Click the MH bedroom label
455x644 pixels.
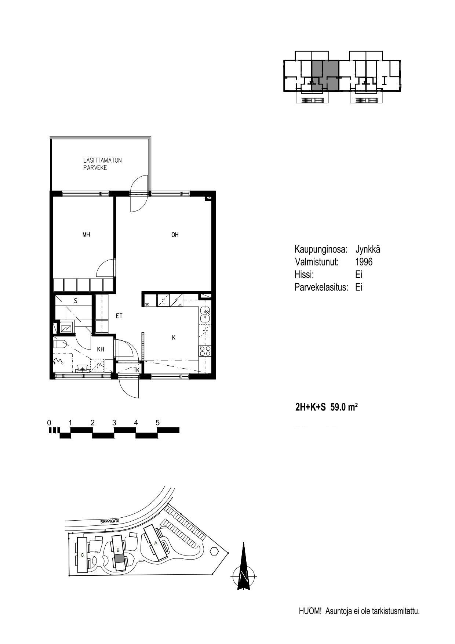[86, 235]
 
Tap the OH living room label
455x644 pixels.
[175, 235]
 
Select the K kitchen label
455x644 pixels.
[174, 337]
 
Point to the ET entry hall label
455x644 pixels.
[119, 315]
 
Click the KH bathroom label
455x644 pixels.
[101, 349]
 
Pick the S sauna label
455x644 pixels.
[76, 301]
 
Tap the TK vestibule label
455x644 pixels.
[136, 370]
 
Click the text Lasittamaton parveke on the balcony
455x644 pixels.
[102, 164]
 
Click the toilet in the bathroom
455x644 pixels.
[59, 344]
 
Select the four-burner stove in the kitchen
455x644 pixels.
[205, 350]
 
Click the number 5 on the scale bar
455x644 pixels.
[158, 423]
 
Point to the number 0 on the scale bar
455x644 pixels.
[49, 423]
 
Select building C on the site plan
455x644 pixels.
[82, 554]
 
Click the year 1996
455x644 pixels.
[364, 262]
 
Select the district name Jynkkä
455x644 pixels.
[368, 250]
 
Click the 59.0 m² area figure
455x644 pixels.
[344, 407]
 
